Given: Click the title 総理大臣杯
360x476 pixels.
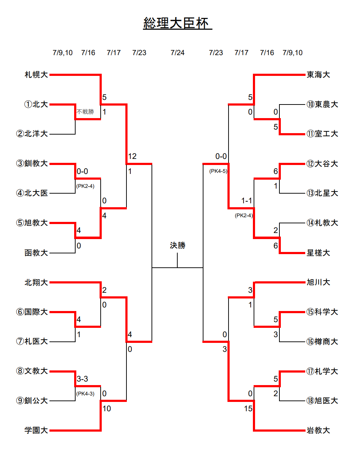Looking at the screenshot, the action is click(176, 23).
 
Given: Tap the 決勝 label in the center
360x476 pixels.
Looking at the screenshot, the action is click(178, 245).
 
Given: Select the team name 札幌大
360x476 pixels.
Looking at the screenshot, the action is click(36, 74).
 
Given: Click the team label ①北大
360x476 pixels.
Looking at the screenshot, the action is click(36, 104).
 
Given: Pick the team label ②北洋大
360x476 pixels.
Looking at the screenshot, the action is click(32, 134).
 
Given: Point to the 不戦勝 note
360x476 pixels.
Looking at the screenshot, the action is click(85, 112).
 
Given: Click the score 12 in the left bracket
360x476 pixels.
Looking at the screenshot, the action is click(132, 156).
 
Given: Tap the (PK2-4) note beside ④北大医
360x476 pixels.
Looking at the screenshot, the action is click(85, 186).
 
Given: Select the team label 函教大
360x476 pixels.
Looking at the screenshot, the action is click(36, 253).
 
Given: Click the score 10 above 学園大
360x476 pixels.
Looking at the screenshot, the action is click(106, 409).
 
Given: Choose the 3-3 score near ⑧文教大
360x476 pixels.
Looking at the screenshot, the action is click(82, 379).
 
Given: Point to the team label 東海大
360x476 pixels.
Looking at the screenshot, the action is click(318, 74).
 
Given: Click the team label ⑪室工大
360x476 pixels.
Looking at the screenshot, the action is click(322, 134).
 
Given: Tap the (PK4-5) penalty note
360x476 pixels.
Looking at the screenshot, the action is click(218, 171).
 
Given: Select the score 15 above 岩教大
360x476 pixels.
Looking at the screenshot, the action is click(248, 409).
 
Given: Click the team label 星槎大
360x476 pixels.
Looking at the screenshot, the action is click(318, 253).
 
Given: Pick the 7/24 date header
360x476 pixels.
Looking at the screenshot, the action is click(178, 53).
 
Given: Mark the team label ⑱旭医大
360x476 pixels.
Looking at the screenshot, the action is click(322, 401).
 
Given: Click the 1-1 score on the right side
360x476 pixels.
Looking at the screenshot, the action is click(246, 200).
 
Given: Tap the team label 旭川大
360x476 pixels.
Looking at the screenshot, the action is click(318, 282).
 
